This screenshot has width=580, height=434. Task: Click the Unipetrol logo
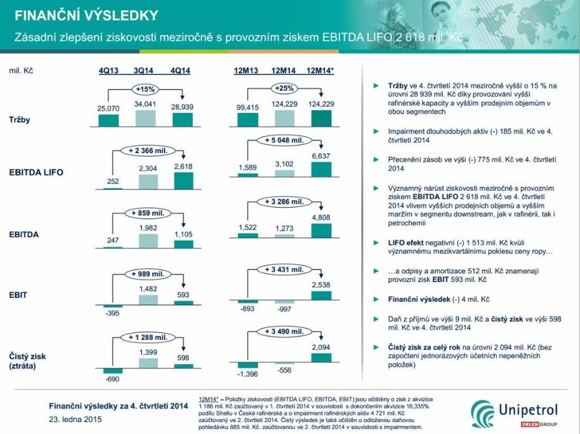(x=514, y=414)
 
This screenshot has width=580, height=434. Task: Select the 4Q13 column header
(x=109, y=71)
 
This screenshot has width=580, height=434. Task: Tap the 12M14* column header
(x=320, y=71)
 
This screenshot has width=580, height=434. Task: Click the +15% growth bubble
(x=145, y=89)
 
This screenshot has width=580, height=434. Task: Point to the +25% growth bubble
(x=284, y=88)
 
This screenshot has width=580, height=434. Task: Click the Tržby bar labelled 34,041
(x=145, y=118)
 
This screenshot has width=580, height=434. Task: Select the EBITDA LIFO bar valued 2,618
(x=183, y=180)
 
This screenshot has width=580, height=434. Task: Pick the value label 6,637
(x=320, y=156)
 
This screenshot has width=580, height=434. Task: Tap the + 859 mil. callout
(x=148, y=214)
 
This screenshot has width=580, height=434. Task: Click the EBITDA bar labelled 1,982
(x=148, y=241)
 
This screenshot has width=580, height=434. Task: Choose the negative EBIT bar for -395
(x=112, y=306)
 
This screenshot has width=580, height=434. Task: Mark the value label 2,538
(x=320, y=285)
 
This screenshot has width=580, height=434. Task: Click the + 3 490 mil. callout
(x=284, y=332)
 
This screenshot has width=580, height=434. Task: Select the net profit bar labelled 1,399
(x=148, y=363)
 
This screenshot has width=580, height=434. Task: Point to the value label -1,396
(x=247, y=374)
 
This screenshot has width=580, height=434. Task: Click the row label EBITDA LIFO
(x=36, y=172)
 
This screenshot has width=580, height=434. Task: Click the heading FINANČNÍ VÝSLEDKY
(x=86, y=15)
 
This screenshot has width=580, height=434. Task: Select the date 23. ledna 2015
(x=75, y=419)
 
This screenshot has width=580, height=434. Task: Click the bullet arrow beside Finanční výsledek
(x=376, y=299)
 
